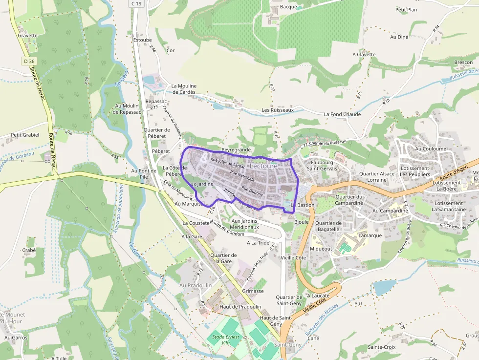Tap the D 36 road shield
pyautogui.click(x=29, y=61)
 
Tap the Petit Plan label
pyautogui.click(x=406, y=9)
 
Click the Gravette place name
pyautogui.click(x=27, y=36)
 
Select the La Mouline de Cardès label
pyautogui.click(x=183, y=89)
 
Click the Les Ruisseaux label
pyautogui.click(x=278, y=110)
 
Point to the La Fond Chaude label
pyautogui.click(x=342, y=114)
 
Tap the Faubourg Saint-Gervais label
pyautogui.click(x=322, y=165)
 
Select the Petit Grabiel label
pyautogui.click(x=25, y=135)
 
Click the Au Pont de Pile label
pyautogui.click(x=143, y=174)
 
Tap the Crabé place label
pyautogui.click(x=29, y=250)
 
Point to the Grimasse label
pyautogui.click(x=253, y=291)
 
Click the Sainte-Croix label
pyautogui.click(x=382, y=347)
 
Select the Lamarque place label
pyautogui.click(x=370, y=235)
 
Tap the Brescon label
pyautogui.click(x=463, y=63)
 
